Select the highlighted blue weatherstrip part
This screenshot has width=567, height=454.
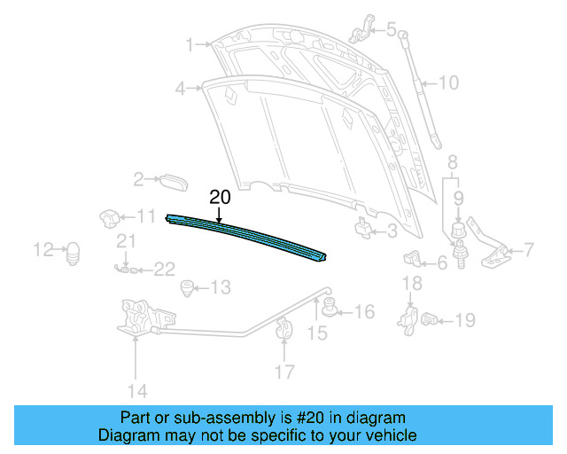coord(248,236)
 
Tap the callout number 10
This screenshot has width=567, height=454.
coord(448,83)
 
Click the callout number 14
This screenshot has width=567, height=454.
coord(135,390)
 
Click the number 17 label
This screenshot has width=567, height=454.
coord(283,372)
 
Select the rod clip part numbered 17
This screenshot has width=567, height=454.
coord(284,327)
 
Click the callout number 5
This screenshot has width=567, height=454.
coord(391,29)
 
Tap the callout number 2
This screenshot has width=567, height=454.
coord(139,180)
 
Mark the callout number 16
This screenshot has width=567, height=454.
coord(365,311)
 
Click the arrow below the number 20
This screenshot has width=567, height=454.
coord(218,213)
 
